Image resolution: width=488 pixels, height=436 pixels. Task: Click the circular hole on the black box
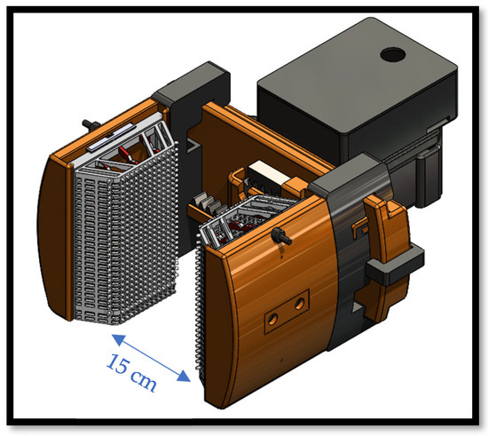click(392, 55)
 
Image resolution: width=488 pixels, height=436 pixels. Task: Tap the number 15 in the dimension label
click(117, 363)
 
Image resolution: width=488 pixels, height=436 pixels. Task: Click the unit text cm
click(143, 381)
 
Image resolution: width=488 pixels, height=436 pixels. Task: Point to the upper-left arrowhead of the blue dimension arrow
click(119, 339)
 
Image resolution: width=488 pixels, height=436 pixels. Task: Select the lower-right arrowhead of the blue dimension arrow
click(184, 376)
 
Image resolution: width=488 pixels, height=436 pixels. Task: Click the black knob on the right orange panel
click(280, 235)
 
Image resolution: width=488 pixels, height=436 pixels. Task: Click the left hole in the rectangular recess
click(273, 319)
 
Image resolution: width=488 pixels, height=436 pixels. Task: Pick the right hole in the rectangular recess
click(300, 303)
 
